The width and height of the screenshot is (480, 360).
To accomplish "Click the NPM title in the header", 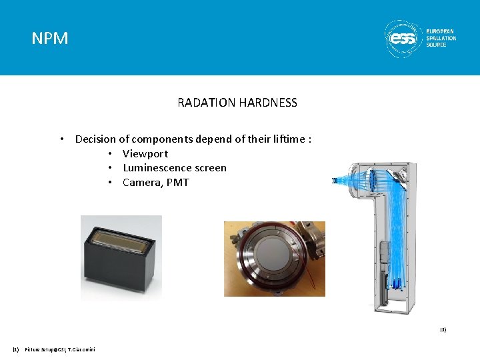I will (50, 39).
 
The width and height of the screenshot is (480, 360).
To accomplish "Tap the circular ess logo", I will (403, 38).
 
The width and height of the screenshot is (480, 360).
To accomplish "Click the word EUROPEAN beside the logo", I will (441, 31).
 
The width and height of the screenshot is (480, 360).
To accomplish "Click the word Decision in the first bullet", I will (95, 139).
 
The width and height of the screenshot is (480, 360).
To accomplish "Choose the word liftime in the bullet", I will (284, 139).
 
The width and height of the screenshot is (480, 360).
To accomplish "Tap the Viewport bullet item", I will (145, 153).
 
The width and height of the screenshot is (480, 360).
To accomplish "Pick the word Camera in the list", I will (141, 183).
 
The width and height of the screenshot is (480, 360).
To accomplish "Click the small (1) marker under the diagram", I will (442, 329).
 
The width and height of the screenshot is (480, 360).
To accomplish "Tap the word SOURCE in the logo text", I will (437, 45).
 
